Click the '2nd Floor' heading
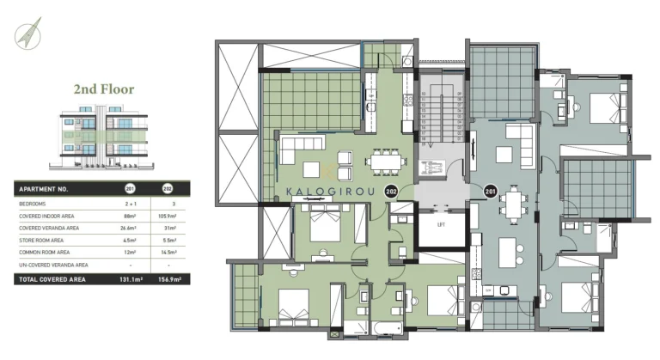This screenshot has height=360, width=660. click(x=103, y=88)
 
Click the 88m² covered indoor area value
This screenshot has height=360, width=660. click(x=131, y=217)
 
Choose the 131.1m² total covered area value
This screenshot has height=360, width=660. click(x=131, y=279)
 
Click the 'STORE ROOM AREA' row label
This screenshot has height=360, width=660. click(x=44, y=240)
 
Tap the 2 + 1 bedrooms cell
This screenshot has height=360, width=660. click(x=131, y=204)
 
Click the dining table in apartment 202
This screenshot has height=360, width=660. click(x=383, y=160)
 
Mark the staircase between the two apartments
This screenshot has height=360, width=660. click(x=441, y=120)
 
